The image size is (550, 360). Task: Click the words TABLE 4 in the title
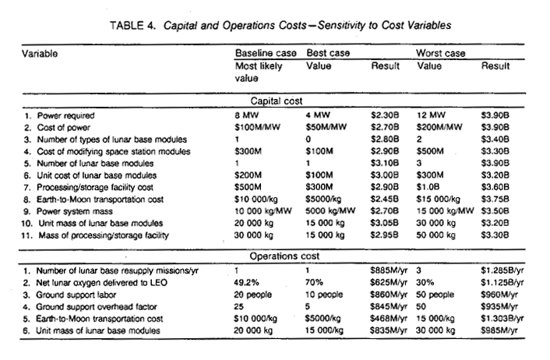(x=132, y=26)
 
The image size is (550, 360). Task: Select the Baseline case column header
(x=266, y=53)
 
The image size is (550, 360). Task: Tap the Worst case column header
(x=441, y=53)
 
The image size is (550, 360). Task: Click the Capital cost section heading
(x=277, y=101)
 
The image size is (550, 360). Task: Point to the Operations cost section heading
(x=284, y=256)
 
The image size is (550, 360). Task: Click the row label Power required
(x=66, y=116)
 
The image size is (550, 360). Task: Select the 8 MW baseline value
(x=247, y=115)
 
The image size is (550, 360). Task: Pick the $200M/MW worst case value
(x=439, y=127)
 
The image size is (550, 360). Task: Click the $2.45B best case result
(x=385, y=199)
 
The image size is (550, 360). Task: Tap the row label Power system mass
(x=75, y=211)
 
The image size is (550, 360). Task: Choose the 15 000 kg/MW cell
(x=445, y=211)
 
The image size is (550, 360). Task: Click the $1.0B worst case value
(x=428, y=187)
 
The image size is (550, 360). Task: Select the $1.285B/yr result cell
(x=502, y=270)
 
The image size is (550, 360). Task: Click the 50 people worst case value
(x=435, y=295)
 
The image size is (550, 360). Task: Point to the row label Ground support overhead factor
(x=97, y=307)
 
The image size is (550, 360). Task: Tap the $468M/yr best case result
(x=389, y=319)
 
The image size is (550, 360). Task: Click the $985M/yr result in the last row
(x=499, y=330)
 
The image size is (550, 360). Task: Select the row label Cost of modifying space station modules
(x=114, y=152)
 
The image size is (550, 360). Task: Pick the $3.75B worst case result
(x=495, y=199)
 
